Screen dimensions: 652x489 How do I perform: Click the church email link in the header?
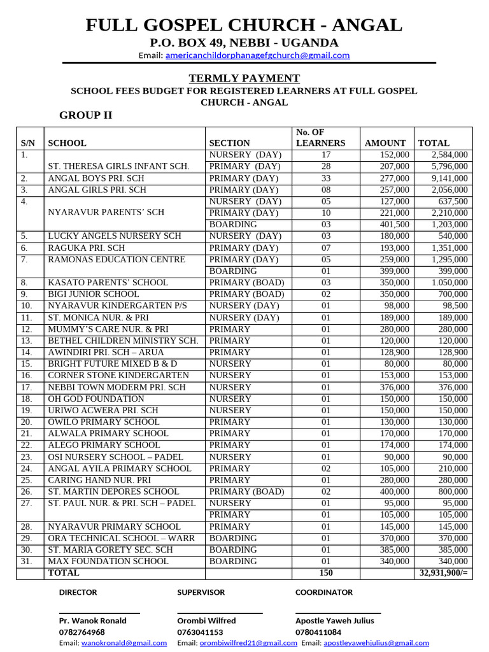point(257,55)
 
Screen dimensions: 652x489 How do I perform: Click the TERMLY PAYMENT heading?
point(244,78)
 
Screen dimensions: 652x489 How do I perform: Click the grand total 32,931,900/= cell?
point(444,573)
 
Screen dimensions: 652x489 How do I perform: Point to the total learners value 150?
point(325,573)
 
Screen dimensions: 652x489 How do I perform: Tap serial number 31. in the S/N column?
point(26,562)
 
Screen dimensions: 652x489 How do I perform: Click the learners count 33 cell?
point(325,178)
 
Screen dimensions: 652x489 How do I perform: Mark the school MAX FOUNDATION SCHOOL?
point(108,562)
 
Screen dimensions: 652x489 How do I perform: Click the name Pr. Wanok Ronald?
point(92,621)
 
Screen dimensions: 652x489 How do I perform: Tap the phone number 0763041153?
point(201,632)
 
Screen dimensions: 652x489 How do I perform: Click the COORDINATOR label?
point(323,592)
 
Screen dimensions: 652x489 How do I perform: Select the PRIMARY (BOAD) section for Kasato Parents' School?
point(246,283)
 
